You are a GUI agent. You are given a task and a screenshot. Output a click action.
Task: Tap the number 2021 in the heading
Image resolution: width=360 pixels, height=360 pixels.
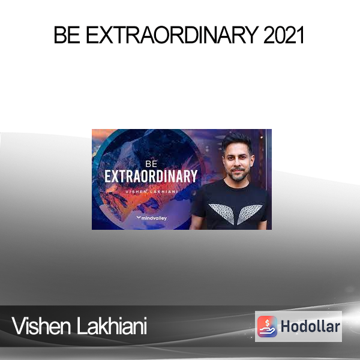(284, 35)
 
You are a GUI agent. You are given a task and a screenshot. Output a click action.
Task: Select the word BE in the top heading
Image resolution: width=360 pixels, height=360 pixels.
(67, 35)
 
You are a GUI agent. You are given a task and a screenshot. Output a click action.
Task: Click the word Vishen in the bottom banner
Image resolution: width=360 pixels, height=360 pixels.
(41, 326)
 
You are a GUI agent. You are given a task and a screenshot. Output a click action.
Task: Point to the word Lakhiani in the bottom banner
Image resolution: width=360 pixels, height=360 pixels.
(112, 326)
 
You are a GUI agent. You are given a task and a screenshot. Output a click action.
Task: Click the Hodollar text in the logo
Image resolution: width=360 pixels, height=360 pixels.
(310, 326)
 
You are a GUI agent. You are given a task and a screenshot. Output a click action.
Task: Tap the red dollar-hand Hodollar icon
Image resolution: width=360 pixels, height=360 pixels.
(267, 326)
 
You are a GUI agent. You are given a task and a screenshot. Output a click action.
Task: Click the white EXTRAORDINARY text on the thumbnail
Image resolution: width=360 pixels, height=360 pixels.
(151, 176)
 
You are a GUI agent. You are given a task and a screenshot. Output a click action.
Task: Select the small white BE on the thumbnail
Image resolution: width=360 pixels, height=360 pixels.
(151, 164)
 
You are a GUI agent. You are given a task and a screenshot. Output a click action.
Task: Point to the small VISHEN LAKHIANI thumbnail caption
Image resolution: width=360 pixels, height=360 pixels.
(152, 192)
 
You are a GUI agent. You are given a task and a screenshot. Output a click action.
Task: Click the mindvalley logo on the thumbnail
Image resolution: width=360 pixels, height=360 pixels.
(152, 218)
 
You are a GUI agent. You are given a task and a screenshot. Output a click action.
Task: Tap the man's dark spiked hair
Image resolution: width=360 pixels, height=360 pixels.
(236, 141)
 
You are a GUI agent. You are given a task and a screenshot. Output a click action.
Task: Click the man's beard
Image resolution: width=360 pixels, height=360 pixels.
(238, 175)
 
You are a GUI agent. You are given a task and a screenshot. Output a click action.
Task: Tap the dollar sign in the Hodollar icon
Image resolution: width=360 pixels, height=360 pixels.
(267, 323)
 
